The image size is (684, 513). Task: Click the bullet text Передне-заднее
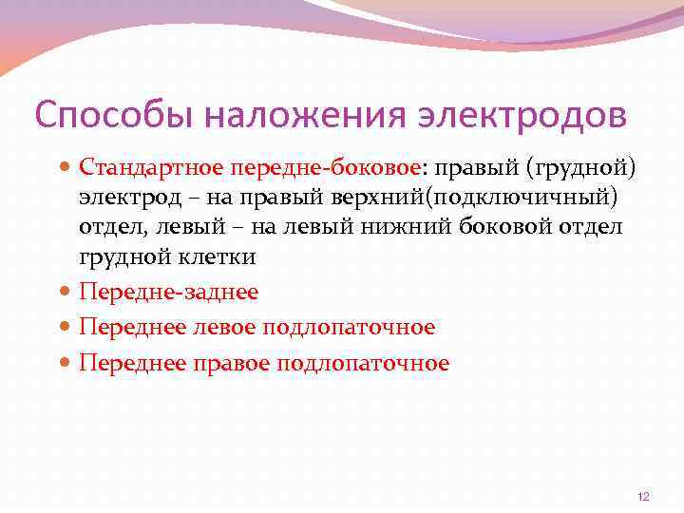pos(168,293)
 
